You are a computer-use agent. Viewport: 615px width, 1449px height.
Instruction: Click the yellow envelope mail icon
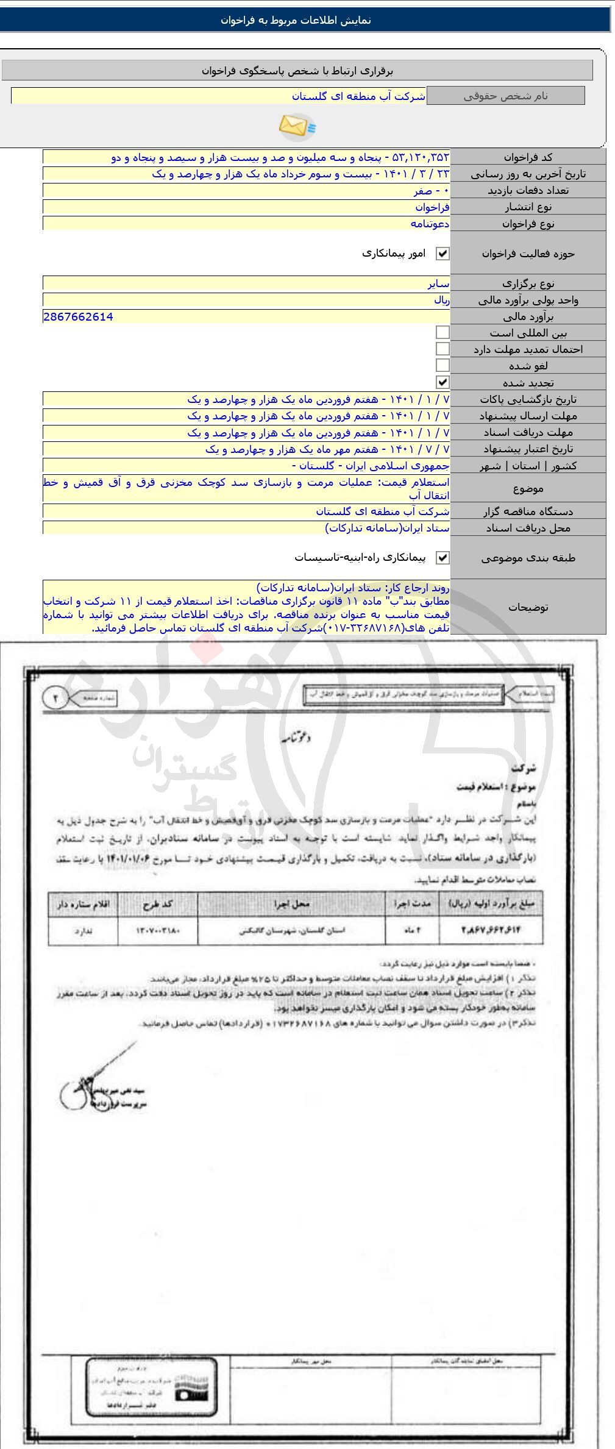[297, 126]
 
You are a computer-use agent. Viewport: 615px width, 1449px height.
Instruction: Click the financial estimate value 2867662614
[79, 316]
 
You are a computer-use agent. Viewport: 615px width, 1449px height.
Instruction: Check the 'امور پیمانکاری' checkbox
[443, 254]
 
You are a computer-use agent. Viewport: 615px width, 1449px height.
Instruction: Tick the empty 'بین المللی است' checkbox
[443, 333]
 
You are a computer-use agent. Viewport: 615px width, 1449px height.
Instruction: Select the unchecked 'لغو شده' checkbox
[443, 366]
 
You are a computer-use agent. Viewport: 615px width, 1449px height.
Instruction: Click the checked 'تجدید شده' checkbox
[443, 382]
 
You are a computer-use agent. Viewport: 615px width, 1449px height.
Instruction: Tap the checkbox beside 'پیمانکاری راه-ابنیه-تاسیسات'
[443, 558]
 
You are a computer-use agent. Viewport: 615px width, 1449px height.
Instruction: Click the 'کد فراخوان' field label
[528, 157]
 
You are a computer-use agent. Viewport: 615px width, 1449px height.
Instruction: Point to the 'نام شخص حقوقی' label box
[505, 96]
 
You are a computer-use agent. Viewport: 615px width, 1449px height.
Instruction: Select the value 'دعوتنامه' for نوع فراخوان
[430, 223]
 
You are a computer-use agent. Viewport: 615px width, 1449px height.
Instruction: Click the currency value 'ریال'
[441, 300]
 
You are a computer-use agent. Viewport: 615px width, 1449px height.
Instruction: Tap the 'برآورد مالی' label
[528, 317]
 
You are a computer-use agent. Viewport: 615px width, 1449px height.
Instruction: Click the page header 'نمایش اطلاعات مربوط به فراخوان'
[296, 20]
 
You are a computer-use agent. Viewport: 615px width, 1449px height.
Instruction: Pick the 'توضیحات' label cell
[528, 607]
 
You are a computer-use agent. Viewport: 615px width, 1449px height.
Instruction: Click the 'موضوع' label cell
[528, 489]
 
